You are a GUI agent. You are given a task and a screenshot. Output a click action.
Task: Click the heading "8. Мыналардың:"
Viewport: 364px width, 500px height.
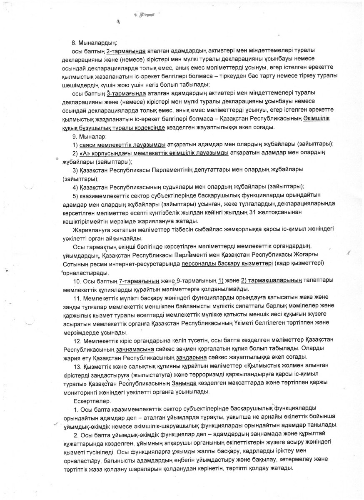(x=95, y=43)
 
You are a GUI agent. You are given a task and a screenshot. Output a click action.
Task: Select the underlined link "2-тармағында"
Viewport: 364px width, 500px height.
(x=126, y=51)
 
